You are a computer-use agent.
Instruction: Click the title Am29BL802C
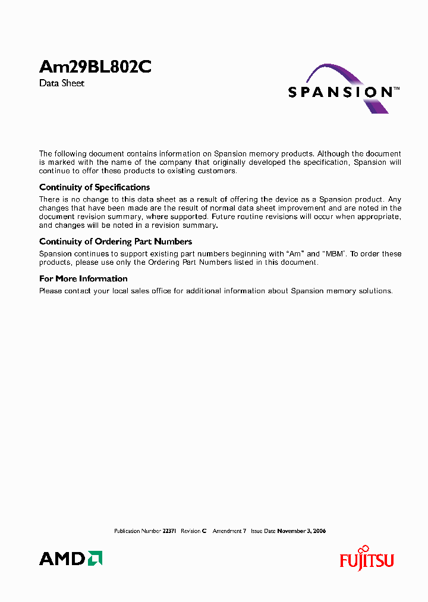pos(95,67)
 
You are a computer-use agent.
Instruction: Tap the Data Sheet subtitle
pos(62,83)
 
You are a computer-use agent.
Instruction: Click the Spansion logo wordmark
pos(339,92)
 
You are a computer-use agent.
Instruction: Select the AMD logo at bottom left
pos(71,558)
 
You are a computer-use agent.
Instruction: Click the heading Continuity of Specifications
pos(95,187)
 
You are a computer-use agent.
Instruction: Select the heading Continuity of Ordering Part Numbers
pos(115,242)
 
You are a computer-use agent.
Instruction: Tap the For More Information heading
pos(83,278)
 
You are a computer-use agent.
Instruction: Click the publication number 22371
pos(169,531)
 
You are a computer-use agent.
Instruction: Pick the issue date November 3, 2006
pos(301,531)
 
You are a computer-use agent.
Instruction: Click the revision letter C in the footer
pos(204,531)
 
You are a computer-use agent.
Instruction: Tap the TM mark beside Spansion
pos(396,88)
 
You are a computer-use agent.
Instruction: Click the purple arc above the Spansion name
pos(339,74)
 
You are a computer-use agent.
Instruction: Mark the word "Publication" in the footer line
pos(127,531)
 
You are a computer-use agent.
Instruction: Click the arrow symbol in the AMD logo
pos(95,558)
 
